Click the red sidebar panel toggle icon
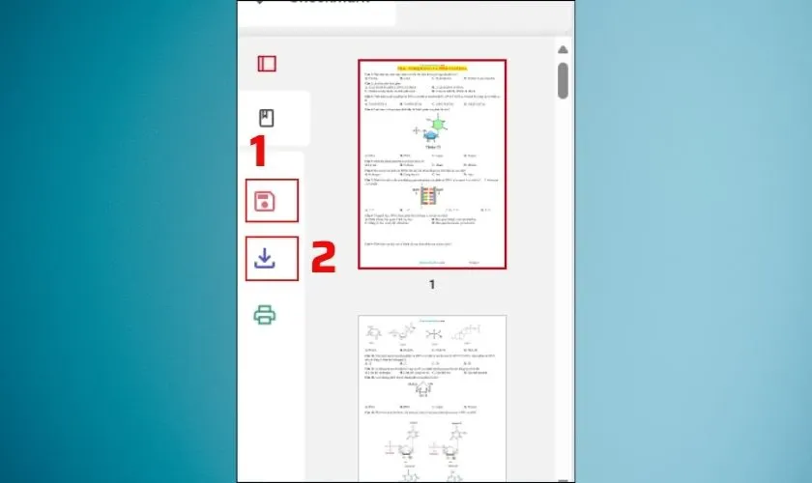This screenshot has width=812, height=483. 267,64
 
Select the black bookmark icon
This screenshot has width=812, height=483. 267,119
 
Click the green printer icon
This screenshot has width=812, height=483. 265,314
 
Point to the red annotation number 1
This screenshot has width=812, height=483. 258,152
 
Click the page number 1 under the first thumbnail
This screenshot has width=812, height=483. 432,285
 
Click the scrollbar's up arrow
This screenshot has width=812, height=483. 563,49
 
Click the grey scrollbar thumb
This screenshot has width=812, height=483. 563,80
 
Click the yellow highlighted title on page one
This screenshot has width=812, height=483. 432,68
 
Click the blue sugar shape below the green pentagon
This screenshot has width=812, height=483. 430,136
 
